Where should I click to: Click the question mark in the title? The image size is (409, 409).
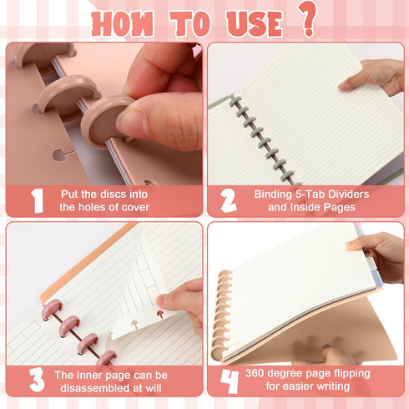click(307, 19)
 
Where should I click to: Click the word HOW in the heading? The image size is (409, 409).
click(122, 23)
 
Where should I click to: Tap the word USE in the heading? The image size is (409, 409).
click(255, 23)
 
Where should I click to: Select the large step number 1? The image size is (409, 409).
click(37, 201)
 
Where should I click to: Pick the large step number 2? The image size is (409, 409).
click(229, 201)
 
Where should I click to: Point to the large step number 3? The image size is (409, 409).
click(37, 380)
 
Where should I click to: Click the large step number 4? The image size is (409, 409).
click(230, 381)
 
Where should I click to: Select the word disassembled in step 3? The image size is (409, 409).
click(97, 388)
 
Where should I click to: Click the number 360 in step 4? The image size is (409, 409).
click(255, 373)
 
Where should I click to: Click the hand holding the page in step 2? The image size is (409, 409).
click(374, 77)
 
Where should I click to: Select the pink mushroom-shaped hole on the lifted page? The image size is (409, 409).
click(160, 315)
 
